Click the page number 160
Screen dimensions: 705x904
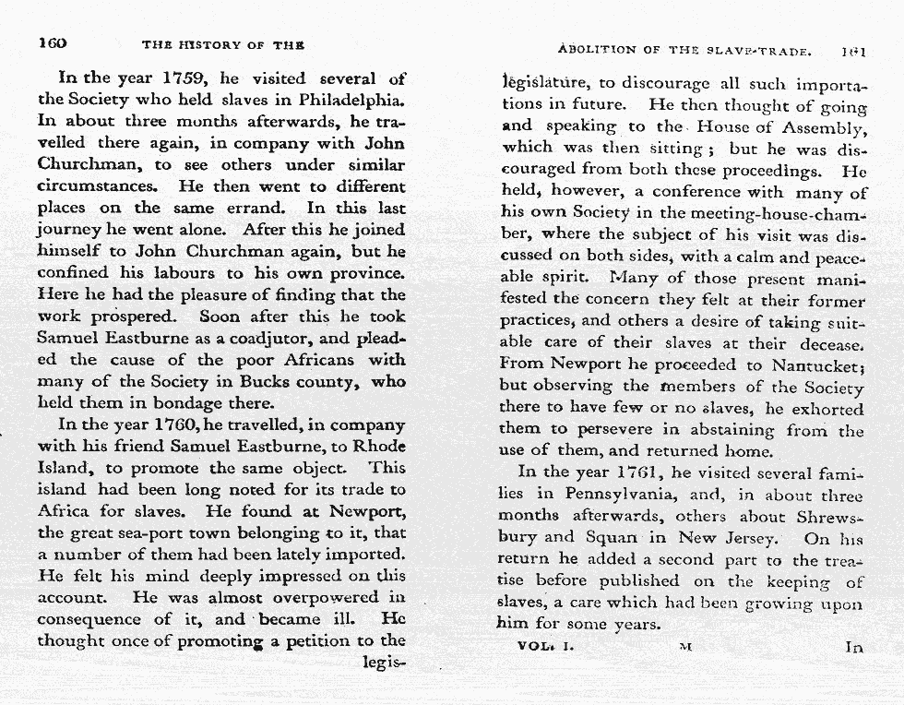coord(52,44)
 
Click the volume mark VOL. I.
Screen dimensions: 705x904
coord(546,646)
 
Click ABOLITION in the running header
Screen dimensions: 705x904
coord(599,50)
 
